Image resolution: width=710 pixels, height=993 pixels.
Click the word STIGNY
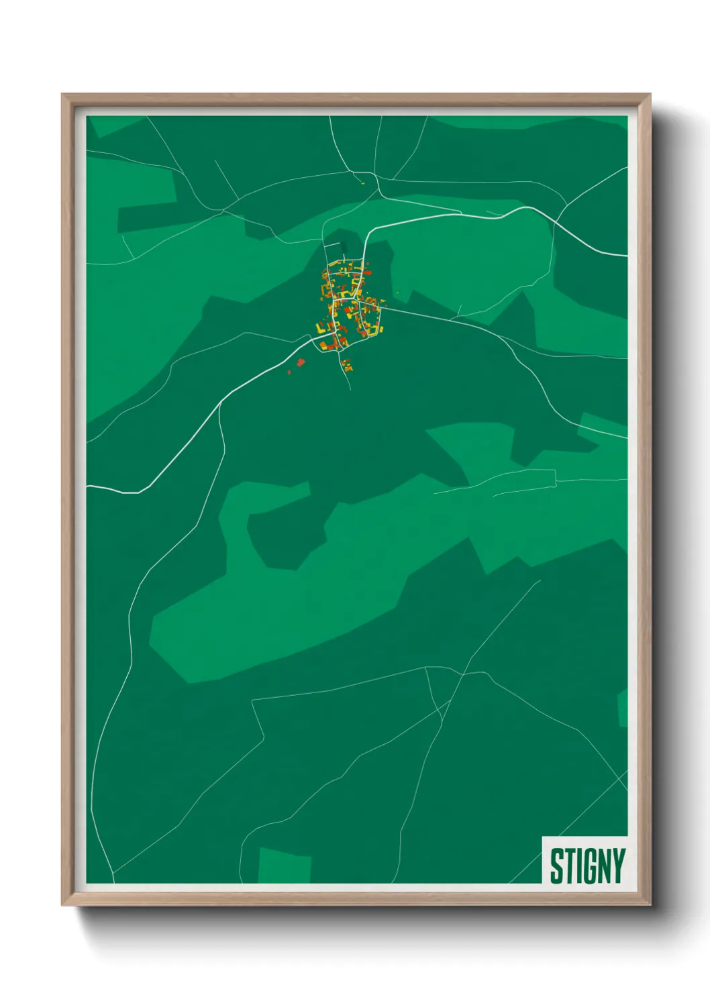coord(587,866)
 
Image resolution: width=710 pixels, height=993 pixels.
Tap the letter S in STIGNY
coord(556,866)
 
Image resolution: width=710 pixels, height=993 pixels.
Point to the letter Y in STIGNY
coord(617,866)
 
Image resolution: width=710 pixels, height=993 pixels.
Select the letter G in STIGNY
coord(586,866)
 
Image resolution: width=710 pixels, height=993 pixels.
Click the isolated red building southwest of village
coord(301,362)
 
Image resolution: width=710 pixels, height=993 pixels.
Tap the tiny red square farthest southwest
coord(289,372)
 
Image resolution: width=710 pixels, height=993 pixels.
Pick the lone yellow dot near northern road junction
coord(362,182)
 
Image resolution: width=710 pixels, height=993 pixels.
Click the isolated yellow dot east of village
coord(398,292)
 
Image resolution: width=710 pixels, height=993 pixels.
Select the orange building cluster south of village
coord(347,366)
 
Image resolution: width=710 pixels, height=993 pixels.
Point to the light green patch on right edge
coord(622,709)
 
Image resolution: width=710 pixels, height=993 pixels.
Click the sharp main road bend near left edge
coord(140,492)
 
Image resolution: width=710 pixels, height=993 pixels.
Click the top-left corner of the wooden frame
coord(62,95)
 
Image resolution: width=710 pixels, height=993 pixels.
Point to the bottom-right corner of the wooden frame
coord(650,904)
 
